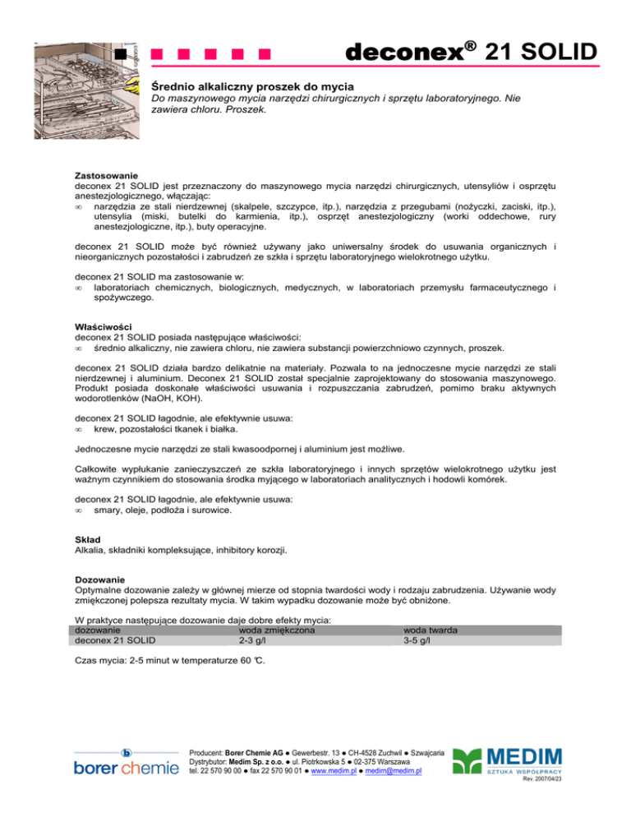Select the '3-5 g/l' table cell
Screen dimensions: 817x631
419,640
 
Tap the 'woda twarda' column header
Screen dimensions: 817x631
431,630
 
